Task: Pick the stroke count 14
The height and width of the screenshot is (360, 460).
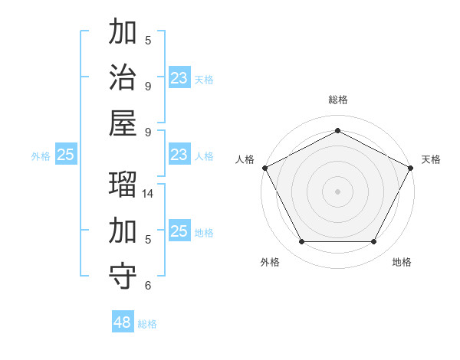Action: tap(148, 195)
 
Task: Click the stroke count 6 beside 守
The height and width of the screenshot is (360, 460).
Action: tap(148, 286)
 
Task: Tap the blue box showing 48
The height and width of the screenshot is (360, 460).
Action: tap(123, 322)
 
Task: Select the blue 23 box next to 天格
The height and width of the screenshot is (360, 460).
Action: tap(179, 77)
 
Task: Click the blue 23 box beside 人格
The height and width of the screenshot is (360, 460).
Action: tap(179, 155)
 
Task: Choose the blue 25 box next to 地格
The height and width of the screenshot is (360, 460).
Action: tap(179, 231)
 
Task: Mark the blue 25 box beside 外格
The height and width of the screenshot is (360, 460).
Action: tap(66, 155)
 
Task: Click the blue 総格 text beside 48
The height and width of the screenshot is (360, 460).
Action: tap(147, 324)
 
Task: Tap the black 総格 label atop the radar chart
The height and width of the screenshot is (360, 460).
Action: tap(337, 100)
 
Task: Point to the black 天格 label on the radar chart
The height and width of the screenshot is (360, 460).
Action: tap(431, 159)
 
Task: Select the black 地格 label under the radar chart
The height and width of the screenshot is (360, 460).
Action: tap(402, 262)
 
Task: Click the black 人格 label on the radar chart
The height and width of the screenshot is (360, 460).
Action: tap(245, 159)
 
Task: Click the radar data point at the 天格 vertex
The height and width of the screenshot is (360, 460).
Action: tap(412, 167)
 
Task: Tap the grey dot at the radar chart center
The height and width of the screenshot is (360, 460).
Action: tap(337, 191)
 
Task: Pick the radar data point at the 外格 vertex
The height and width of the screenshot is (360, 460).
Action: tap(301, 242)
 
